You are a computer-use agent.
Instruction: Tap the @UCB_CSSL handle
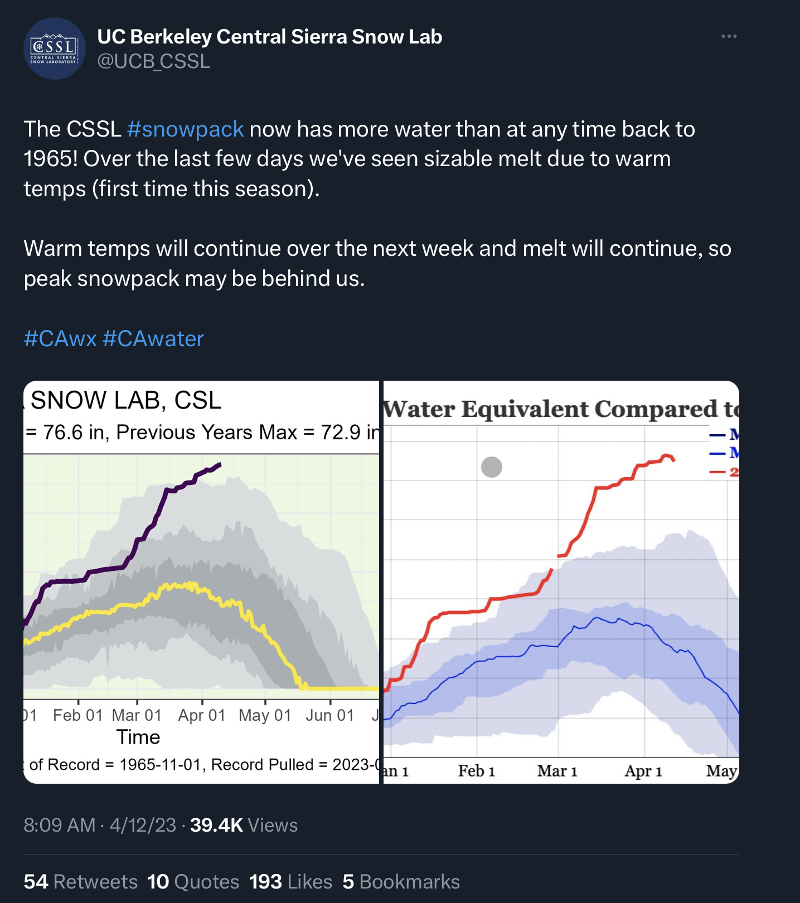(x=153, y=61)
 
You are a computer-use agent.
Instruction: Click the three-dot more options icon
(x=729, y=36)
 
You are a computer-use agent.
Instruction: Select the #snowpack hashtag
(x=185, y=129)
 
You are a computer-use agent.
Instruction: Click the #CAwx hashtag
(x=60, y=339)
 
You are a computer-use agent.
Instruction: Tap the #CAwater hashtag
(x=153, y=339)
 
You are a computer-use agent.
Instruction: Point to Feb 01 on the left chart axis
(x=78, y=715)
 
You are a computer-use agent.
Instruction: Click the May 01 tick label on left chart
(x=265, y=715)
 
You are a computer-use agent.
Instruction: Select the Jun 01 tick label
(x=330, y=715)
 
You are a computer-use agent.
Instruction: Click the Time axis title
(x=138, y=737)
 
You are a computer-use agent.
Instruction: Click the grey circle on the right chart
(x=491, y=467)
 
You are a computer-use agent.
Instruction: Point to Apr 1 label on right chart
(x=643, y=771)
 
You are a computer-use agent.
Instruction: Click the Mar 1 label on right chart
(x=557, y=771)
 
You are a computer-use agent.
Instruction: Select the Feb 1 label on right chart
(x=477, y=771)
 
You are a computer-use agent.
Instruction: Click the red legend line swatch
(x=717, y=472)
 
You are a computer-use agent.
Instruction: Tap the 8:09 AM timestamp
(x=59, y=825)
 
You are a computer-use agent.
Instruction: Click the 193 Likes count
(x=290, y=882)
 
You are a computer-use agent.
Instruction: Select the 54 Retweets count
(x=80, y=882)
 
